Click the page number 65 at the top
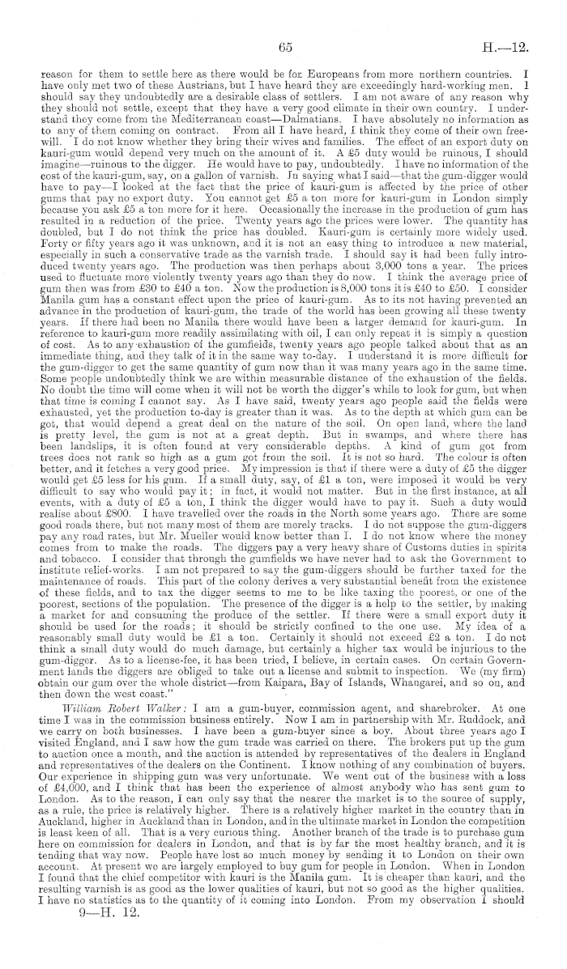284,48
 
